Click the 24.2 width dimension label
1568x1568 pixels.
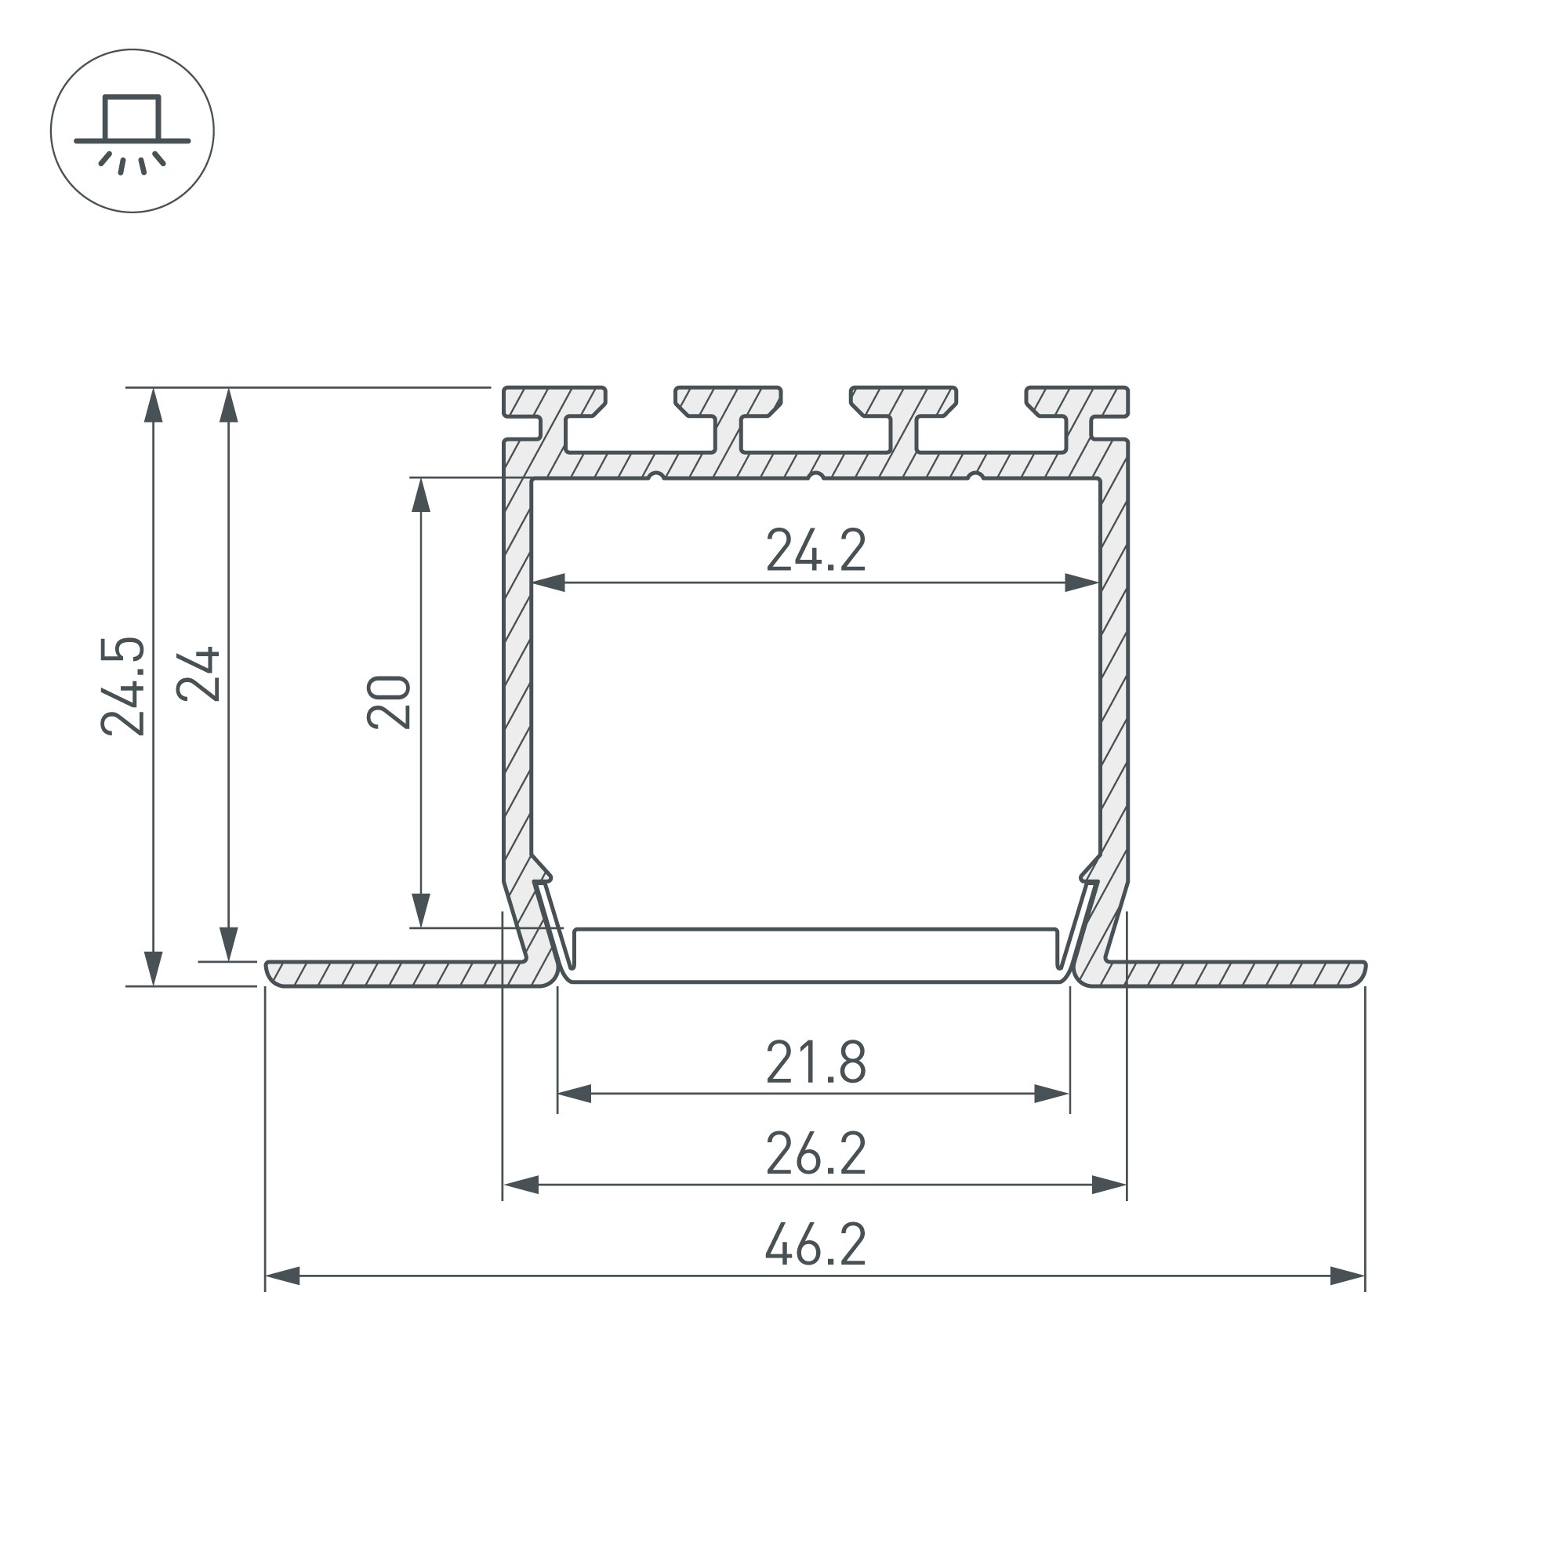pos(815,551)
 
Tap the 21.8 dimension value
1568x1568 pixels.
pos(815,1062)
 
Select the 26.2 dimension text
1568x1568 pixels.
pos(815,1153)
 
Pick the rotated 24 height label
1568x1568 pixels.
pos(199,673)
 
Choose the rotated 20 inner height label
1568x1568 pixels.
pos(389,701)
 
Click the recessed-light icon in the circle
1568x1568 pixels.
pos(132,132)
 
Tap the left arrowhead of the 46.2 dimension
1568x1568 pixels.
pos(282,1276)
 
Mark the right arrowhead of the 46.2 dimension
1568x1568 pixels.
pos(1348,1276)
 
